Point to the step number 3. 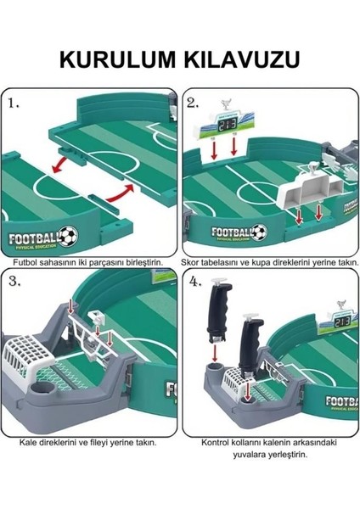point(14,283)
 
